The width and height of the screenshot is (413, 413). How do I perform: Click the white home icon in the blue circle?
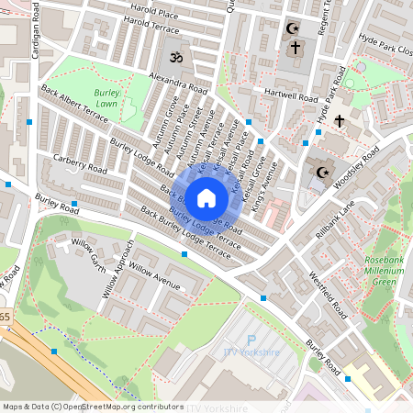tap(206, 196)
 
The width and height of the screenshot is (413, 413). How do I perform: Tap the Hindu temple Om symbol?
tap(173, 58)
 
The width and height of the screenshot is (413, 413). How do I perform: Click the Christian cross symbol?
tap(339, 120)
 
